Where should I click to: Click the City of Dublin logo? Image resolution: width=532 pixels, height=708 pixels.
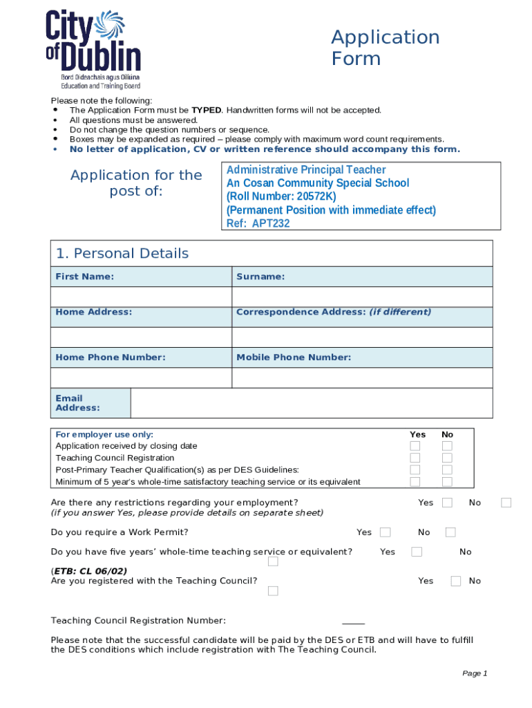click(93, 48)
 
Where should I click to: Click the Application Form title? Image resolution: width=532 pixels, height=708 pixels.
click(385, 47)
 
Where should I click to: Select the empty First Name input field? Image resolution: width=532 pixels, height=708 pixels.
click(141, 297)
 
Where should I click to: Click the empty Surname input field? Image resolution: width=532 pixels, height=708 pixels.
click(362, 297)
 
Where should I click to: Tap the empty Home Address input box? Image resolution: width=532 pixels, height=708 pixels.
click(141, 337)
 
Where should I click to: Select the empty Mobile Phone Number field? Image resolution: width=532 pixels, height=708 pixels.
click(362, 378)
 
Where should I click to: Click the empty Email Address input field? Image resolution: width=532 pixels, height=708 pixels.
click(311, 403)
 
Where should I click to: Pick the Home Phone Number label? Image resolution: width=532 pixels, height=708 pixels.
click(111, 357)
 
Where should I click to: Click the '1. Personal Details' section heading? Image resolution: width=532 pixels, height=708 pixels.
click(122, 254)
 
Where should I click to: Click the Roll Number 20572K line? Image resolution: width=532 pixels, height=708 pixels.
click(281, 196)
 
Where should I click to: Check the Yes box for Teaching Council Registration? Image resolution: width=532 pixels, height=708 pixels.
click(415, 458)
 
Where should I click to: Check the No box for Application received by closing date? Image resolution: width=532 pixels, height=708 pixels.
click(447, 446)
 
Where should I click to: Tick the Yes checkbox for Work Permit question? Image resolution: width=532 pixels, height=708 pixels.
click(386, 532)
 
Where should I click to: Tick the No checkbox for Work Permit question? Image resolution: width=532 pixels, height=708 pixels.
click(450, 532)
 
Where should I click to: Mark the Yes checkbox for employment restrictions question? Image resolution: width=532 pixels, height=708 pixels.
click(447, 503)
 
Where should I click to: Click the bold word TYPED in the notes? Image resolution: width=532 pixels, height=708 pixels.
click(206, 110)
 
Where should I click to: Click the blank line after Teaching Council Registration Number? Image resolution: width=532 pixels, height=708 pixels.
click(353, 621)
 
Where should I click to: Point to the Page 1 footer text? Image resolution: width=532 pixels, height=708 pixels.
click(475, 673)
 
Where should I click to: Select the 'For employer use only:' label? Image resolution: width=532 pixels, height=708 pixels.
click(104, 434)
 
